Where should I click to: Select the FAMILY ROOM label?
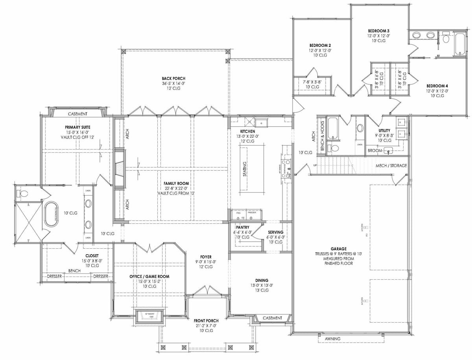coord(177,183)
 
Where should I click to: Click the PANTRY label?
coord(241,227)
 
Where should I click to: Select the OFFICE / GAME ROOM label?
coord(149,277)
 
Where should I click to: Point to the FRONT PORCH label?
coord(206,321)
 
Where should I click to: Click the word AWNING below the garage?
coord(332,339)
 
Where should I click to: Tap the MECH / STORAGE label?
coord(391,166)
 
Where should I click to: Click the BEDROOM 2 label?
coord(320,45)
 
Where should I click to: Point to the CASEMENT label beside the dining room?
coord(272,318)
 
